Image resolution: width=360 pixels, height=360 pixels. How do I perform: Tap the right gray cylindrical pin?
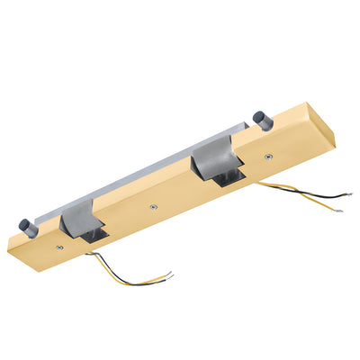[x=259, y=119]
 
